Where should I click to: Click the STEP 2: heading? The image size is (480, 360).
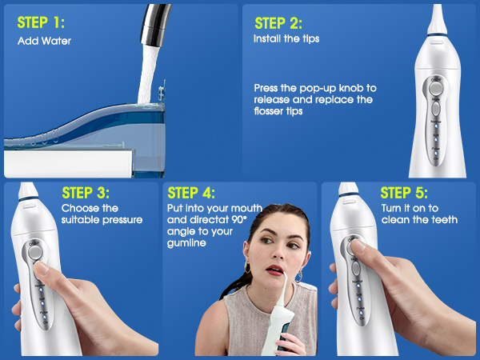tap(278, 22)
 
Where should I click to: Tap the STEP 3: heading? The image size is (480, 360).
tap(86, 193)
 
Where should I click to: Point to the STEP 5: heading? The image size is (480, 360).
tap(404, 193)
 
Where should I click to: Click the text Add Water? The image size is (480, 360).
tap(44, 40)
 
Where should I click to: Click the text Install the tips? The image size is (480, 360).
tap(284, 38)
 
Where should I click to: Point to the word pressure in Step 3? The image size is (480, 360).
tap(121, 219)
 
